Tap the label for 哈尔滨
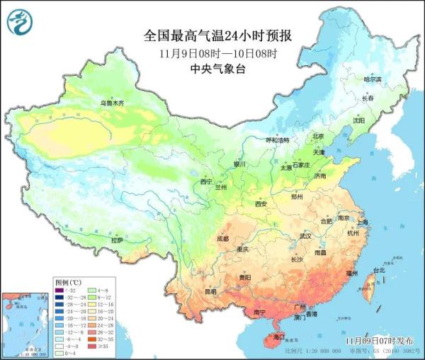pyautogui.click(x=373, y=79)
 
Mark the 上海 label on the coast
pyautogui.click(x=363, y=223)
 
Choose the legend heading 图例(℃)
pyautogui.click(x=68, y=281)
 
